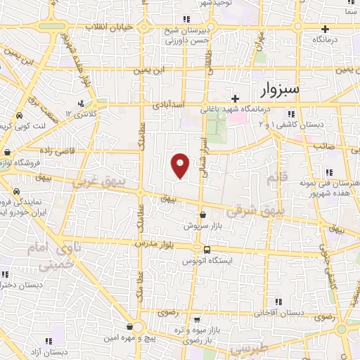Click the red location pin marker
(181, 165)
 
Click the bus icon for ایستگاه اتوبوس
(206, 250)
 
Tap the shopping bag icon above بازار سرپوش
(203, 215)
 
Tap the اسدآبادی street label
(168, 104)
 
